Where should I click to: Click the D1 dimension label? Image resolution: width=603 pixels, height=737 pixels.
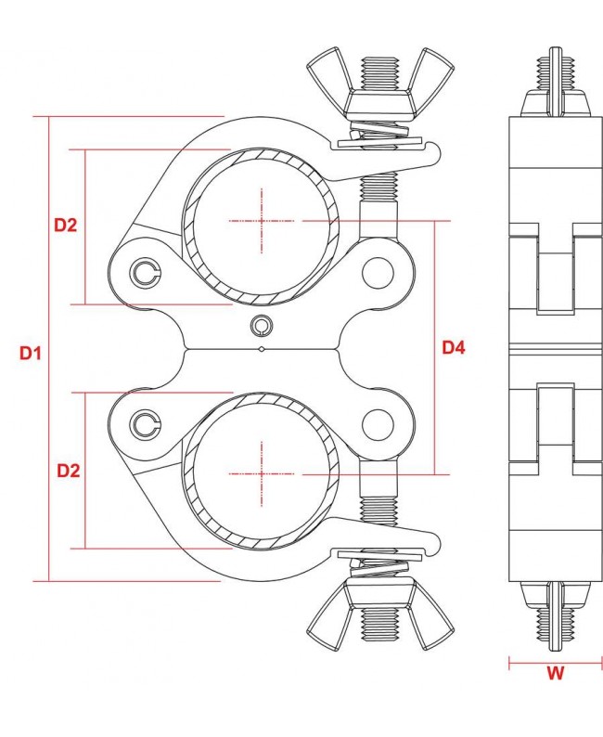coord(31,353)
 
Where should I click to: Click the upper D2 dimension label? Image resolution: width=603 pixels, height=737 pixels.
coord(65,225)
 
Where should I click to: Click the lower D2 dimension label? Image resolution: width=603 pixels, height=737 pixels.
coord(68,471)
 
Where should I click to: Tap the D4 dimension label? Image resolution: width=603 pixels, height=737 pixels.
coord(453,348)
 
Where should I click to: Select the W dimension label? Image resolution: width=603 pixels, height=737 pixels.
coord(555,676)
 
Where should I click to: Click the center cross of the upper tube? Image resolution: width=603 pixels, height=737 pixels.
coord(263,222)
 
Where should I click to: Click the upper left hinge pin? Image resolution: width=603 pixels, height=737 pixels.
coord(145,271)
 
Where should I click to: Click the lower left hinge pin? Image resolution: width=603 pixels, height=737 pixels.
coord(145,424)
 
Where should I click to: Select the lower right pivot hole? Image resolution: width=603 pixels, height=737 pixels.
coord(378,424)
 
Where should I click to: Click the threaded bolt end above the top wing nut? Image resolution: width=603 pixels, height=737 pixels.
coord(378,70)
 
